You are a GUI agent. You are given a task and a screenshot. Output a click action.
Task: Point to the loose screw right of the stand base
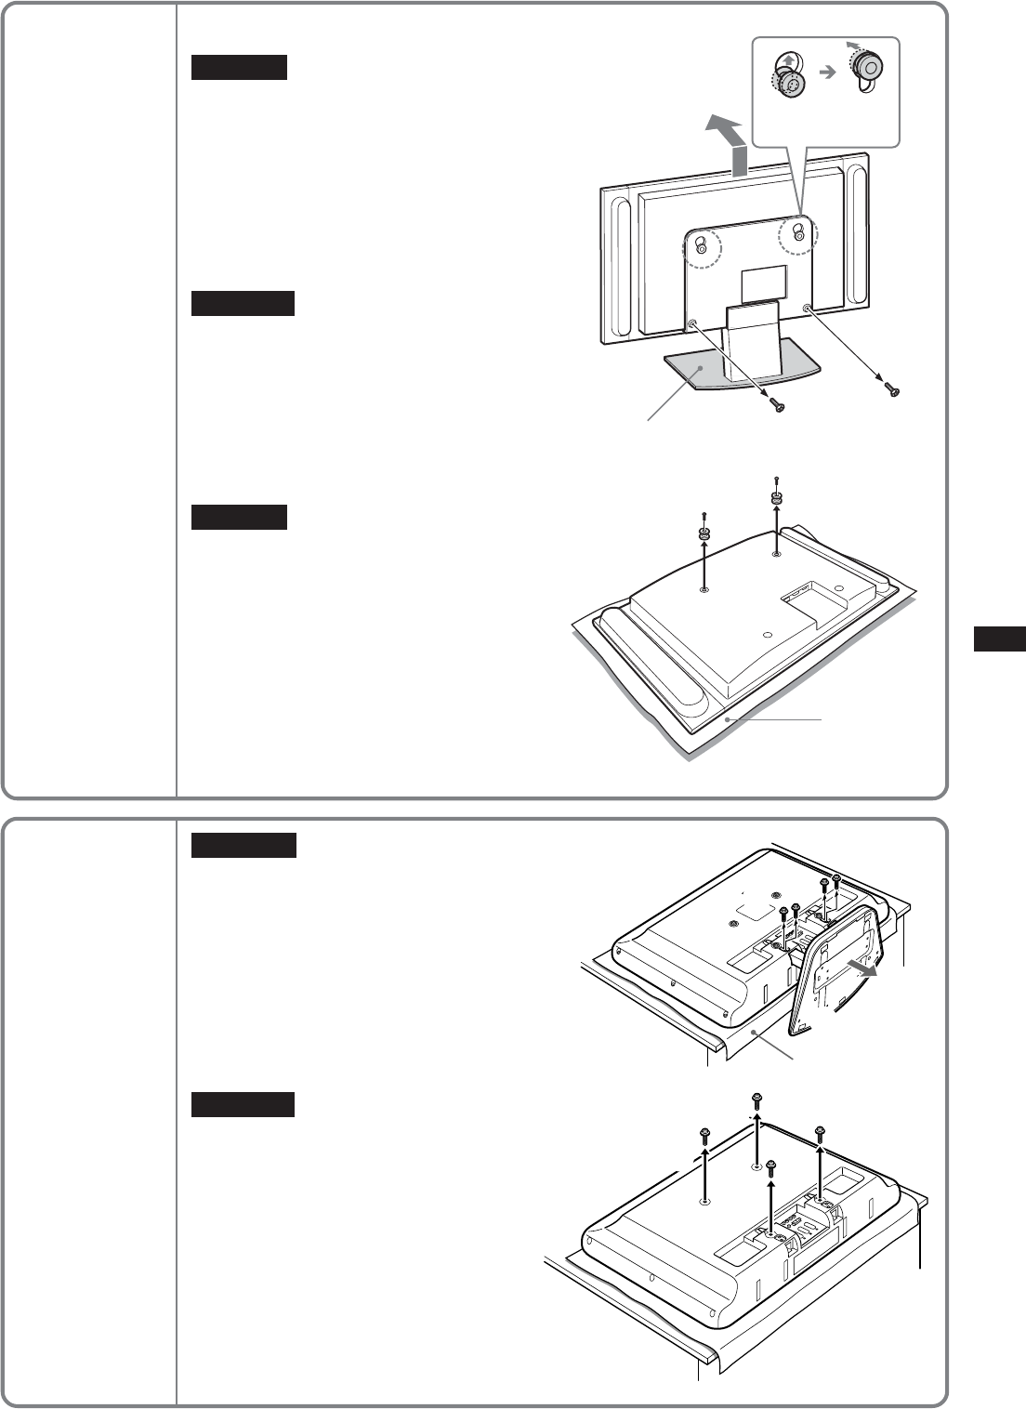[x=893, y=391]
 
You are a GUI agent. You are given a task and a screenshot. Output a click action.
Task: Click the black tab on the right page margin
[x=1000, y=639]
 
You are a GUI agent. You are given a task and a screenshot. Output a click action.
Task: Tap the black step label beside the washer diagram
[x=239, y=516]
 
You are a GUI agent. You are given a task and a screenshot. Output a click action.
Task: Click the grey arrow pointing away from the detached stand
[x=864, y=968]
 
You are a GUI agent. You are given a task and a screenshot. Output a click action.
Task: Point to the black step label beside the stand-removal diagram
[x=243, y=845]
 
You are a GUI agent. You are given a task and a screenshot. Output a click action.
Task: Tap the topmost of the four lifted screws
[x=756, y=1101]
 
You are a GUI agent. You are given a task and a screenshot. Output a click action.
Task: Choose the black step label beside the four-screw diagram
[x=243, y=1104]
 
